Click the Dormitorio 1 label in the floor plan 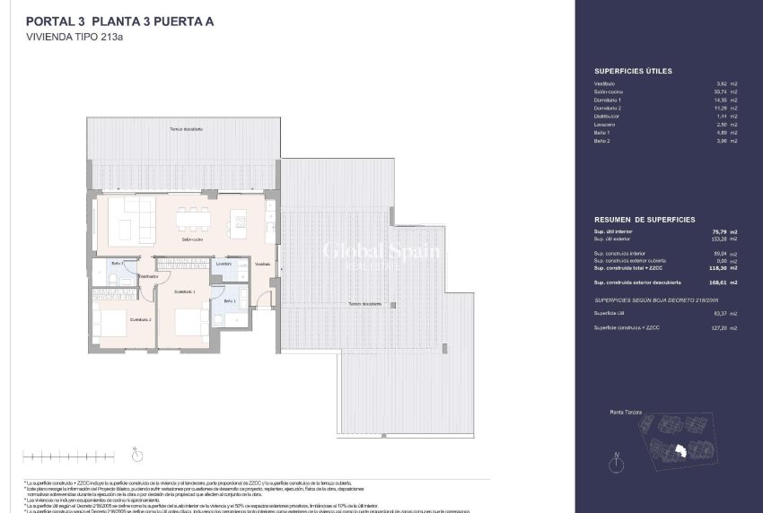[184, 292]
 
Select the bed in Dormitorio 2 [119, 324]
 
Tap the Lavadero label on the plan [224, 264]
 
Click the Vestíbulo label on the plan [262, 264]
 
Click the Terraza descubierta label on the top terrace [187, 129]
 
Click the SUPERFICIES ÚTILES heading [633, 71]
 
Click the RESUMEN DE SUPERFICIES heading [644, 220]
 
